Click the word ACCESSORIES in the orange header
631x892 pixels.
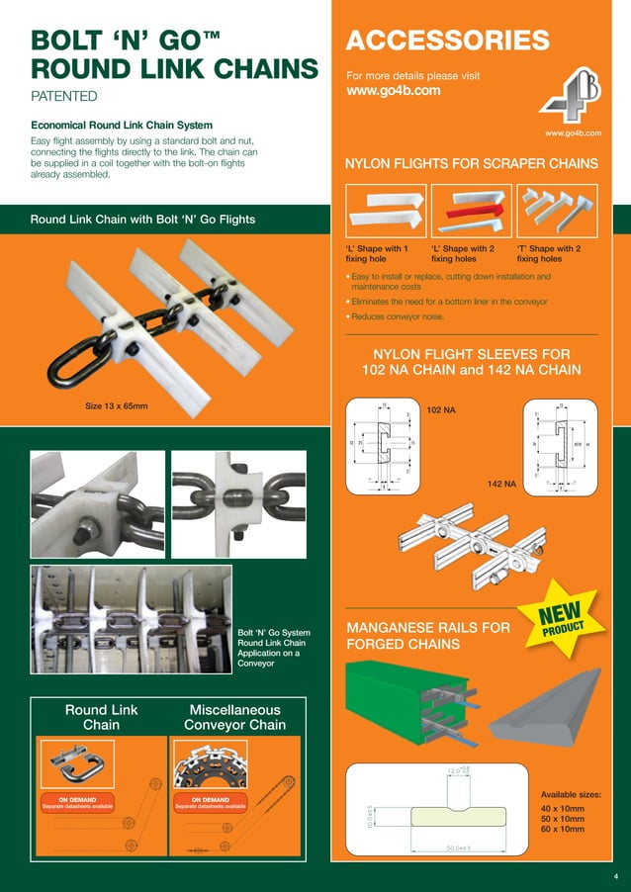(447, 41)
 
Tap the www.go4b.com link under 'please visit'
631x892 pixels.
(393, 91)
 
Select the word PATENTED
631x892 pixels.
(64, 97)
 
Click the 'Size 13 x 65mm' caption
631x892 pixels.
(123, 406)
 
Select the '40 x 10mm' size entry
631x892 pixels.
(564, 808)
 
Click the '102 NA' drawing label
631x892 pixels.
(440, 407)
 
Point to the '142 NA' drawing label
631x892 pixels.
(501, 484)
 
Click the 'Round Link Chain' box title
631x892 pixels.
(101, 717)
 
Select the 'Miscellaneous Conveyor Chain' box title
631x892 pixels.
(234, 717)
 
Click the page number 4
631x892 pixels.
(614, 876)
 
